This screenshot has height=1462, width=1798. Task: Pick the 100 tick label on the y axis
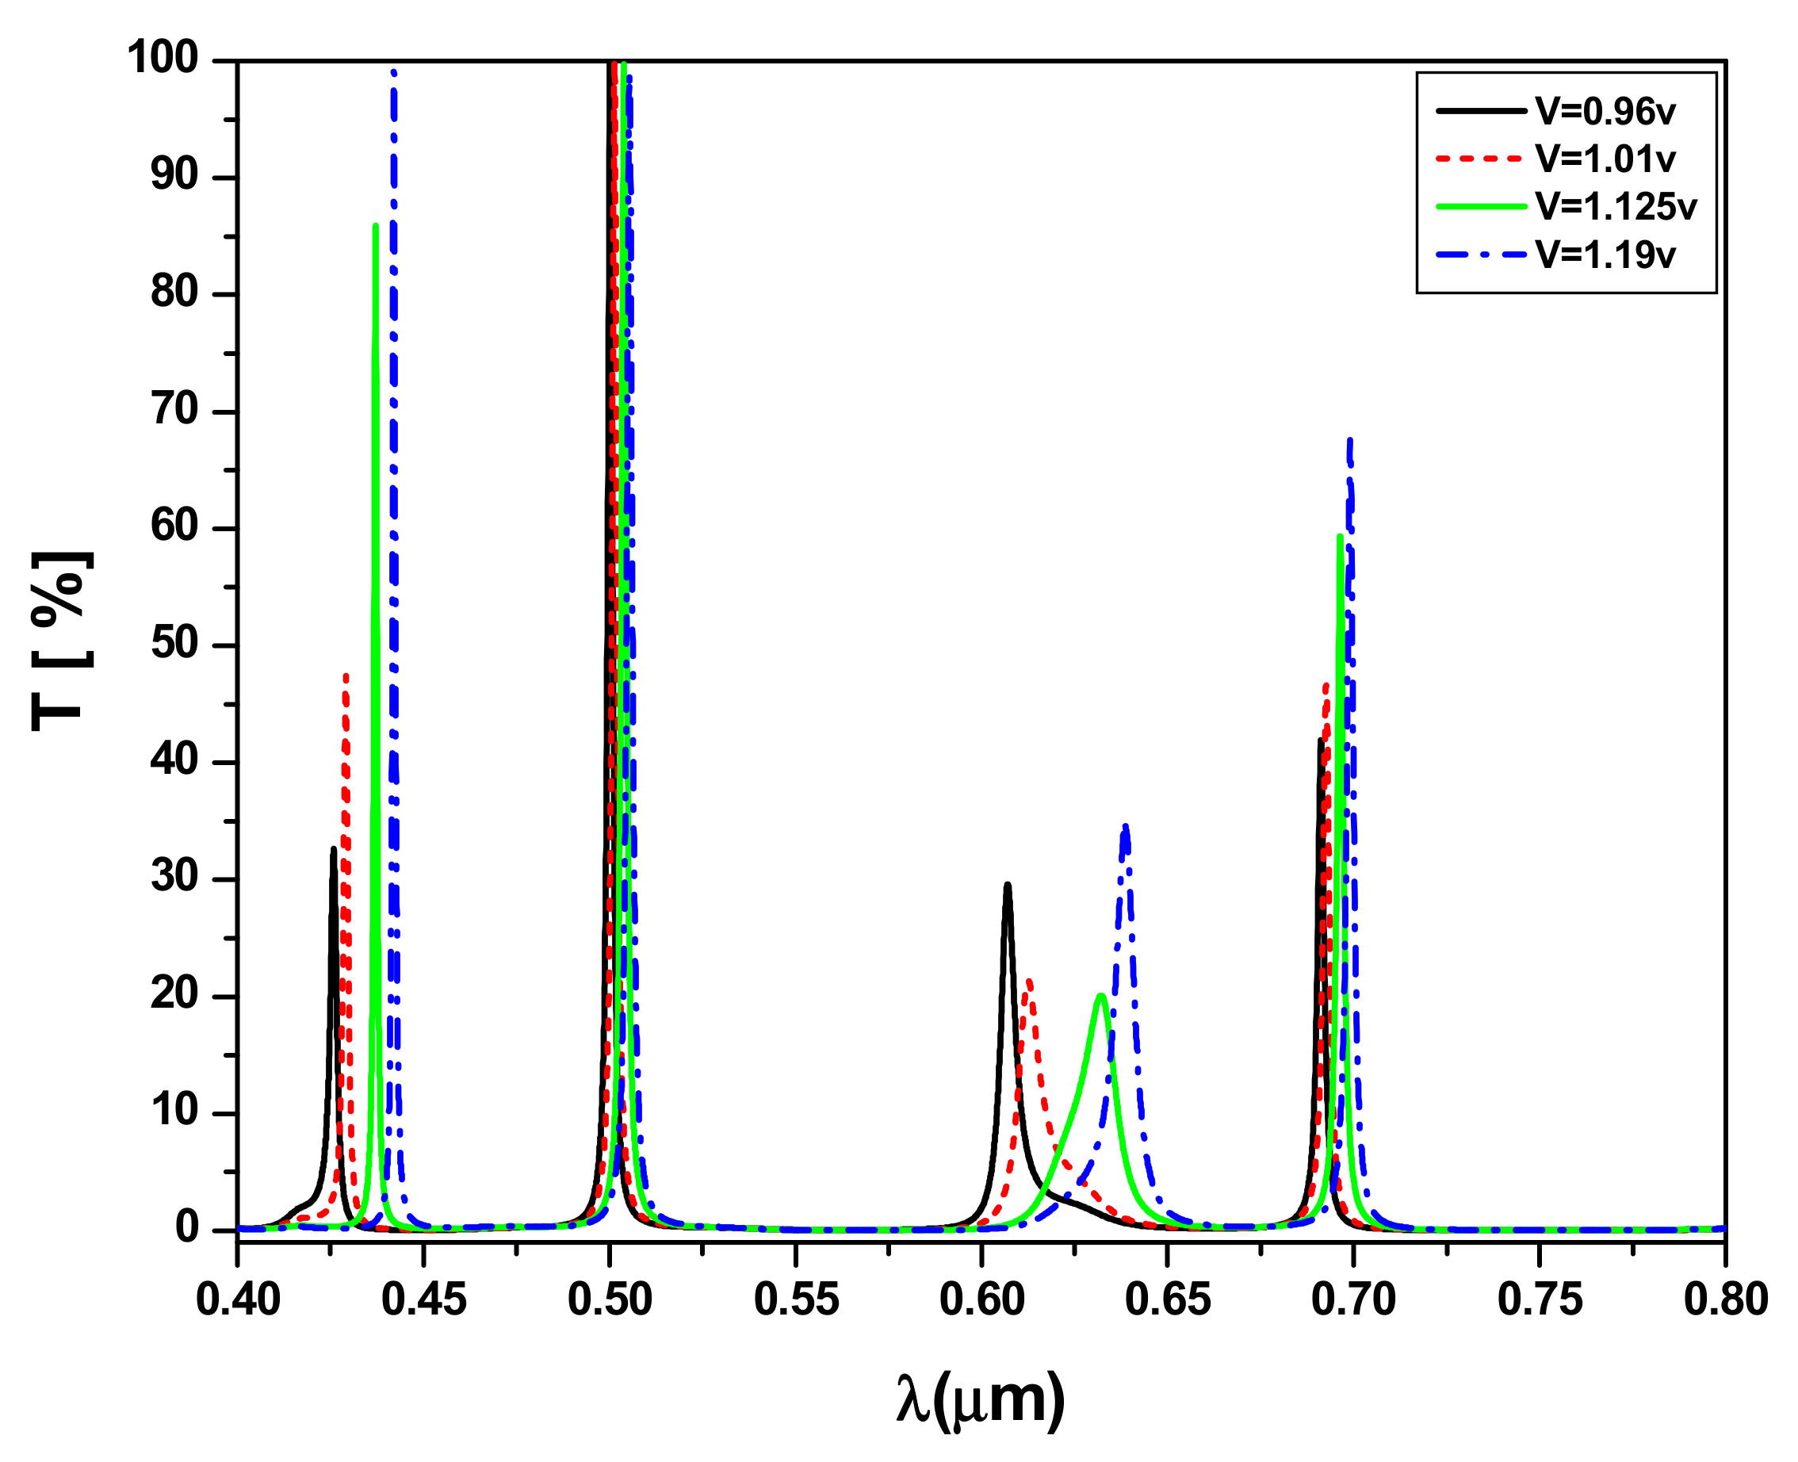click(x=163, y=59)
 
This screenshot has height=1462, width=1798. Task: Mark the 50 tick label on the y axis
click(x=174, y=645)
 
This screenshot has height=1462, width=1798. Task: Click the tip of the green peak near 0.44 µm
click(x=375, y=226)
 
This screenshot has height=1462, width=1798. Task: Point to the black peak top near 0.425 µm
click(x=334, y=849)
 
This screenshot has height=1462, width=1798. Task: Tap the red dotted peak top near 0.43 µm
click(x=346, y=676)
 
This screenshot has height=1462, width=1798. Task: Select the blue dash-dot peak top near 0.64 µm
click(x=1125, y=827)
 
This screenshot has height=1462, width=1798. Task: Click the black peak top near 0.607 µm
click(x=1008, y=885)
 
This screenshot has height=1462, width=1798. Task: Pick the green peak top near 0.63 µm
click(x=1100, y=996)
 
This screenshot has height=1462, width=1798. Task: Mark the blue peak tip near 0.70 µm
click(x=1350, y=441)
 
